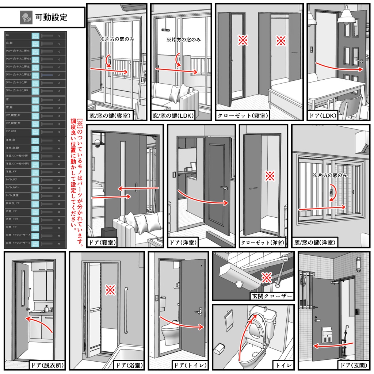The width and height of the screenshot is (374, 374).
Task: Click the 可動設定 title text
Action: point(51,17)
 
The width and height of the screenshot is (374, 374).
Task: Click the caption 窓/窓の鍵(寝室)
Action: point(110,116)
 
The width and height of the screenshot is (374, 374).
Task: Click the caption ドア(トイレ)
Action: point(190,365)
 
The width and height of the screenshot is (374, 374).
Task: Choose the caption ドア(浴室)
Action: point(129,365)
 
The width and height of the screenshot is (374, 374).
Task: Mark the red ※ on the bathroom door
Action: point(110,290)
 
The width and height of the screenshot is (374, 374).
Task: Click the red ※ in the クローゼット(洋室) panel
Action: point(270,177)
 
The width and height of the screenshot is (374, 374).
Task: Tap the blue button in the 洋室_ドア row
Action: point(35,171)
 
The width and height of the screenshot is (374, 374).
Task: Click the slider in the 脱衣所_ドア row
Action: point(47,203)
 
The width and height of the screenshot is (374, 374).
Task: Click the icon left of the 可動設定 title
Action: point(26,17)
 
